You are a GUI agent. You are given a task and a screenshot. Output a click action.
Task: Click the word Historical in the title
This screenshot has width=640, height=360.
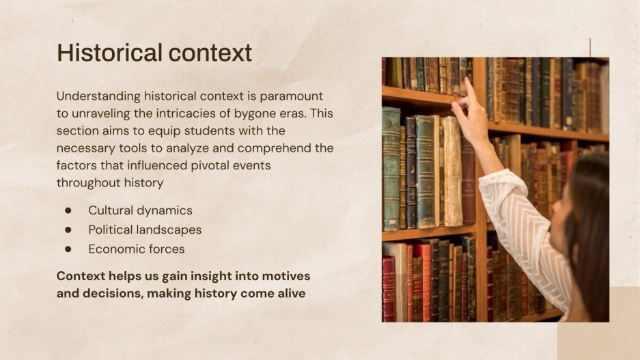tap(100, 53)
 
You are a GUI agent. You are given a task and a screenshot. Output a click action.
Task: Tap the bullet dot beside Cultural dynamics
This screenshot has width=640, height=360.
tap(68, 210)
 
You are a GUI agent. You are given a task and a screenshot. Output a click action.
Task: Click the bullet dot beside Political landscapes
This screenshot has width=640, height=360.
tap(68, 230)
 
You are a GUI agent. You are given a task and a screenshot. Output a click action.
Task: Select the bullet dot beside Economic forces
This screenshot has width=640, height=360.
tap(68, 249)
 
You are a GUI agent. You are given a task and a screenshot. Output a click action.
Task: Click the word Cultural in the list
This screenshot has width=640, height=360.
tap(111, 210)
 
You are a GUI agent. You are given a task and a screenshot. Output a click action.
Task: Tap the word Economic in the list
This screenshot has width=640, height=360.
tap(114, 249)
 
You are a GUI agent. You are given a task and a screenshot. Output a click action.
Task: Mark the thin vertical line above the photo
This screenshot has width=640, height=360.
tap(590, 47)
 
